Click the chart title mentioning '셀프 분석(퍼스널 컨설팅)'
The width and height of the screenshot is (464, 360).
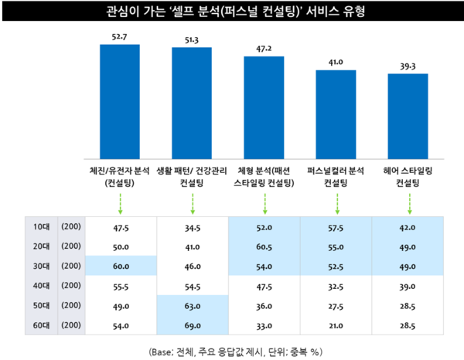232,12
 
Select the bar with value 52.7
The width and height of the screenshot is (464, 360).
120,100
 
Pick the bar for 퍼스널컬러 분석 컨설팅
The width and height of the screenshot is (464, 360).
336,113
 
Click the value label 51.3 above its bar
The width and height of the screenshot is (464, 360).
191,39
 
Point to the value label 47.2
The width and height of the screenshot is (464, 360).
264,47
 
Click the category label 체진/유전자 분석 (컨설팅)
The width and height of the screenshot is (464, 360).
120,176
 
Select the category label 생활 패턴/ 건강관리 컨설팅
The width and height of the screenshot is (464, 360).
191,176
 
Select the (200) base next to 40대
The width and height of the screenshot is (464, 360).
69,287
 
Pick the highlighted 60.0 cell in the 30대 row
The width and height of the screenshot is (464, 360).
120,267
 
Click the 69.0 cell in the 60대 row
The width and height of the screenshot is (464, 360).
191,325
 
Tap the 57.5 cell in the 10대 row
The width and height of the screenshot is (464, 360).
336,229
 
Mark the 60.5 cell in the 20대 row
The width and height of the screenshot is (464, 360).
264,248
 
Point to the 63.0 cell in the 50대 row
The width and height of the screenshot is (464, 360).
191,306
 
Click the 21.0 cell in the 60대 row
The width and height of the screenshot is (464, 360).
336,325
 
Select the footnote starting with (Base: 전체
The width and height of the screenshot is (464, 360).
232,350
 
